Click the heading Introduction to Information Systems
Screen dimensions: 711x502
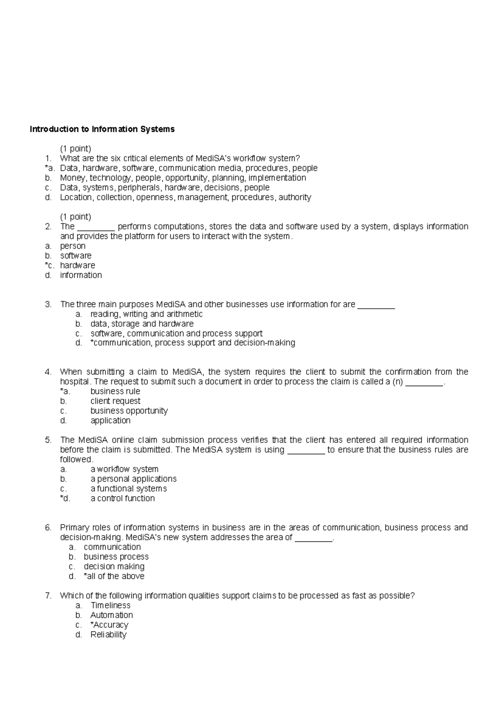[102, 129]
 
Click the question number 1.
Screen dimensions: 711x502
[49, 158]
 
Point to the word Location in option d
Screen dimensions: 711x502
[76, 197]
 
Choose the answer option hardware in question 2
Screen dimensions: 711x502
[77, 265]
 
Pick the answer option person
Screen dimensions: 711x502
[73, 246]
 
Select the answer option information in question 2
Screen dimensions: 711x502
[81, 275]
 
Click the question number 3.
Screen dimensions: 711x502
[49, 304]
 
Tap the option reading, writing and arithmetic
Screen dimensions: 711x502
[146, 314]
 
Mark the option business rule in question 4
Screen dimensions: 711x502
[115, 392]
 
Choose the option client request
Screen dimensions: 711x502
[115, 401]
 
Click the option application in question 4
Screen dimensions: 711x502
[110, 420]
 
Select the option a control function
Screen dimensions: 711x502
[123, 498]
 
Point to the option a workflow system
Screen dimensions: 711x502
[124, 469]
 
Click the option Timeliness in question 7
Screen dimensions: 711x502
[110, 605]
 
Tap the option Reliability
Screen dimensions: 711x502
[108, 635]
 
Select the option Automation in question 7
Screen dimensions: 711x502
[112, 615]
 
